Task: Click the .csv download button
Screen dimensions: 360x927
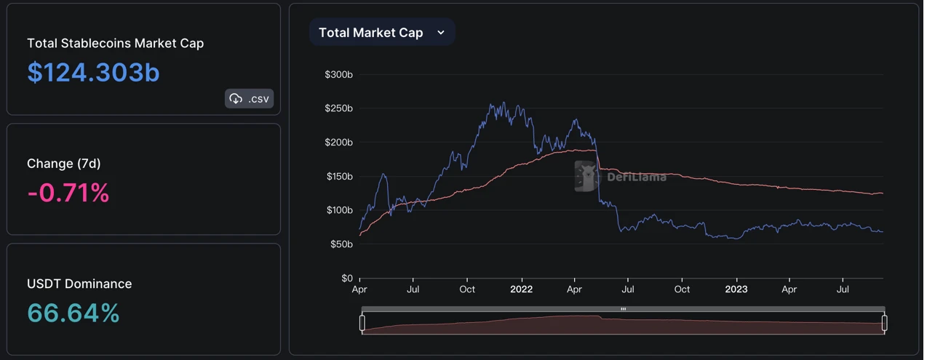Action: coord(249,99)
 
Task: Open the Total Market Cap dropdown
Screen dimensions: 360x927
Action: coord(381,33)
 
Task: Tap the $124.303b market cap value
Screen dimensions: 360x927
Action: coord(93,73)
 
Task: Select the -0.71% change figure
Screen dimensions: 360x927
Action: coord(68,193)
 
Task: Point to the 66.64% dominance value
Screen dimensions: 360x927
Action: coord(73,313)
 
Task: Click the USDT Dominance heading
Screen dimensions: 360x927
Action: coord(79,284)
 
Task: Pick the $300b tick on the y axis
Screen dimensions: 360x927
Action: coord(338,74)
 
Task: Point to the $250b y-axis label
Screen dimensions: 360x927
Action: coord(338,108)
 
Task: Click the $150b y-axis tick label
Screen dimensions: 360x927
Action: coord(338,176)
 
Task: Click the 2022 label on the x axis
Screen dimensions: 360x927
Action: coord(521,289)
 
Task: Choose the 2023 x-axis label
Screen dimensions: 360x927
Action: coord(736,289)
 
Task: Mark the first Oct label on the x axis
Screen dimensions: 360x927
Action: coord(467,289)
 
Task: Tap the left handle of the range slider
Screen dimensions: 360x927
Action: coord(362,322)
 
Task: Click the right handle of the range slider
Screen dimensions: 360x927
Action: coord(884,322)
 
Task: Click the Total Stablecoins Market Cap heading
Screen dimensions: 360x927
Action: coord(115,44)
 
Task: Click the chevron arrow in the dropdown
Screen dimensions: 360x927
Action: coord(441,33)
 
